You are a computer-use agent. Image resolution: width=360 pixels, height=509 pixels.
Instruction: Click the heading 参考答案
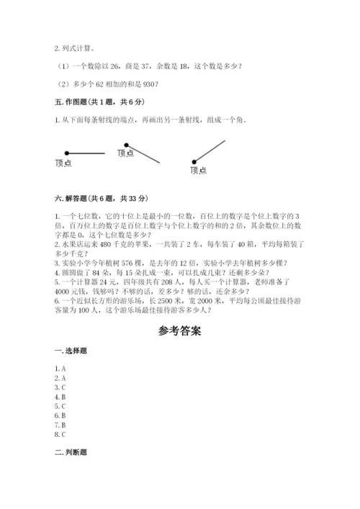pyautogui.click(x=179, y=332)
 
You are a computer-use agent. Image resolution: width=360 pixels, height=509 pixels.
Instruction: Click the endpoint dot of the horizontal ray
pyautogui.click(x=66, y=153)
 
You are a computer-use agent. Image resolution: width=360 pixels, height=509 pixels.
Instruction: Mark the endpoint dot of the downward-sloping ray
pyautogui.click(x=127, y=144)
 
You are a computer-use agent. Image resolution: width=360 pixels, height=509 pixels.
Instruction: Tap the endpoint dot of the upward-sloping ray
pyautogui.click(x=194, y=162)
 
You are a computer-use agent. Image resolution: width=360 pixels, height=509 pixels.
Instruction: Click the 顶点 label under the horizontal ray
pyautogui.click(x=63, y=163)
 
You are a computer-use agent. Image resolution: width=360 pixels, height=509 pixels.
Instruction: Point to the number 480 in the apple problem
pyautogui.click(x=107, y=243)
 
